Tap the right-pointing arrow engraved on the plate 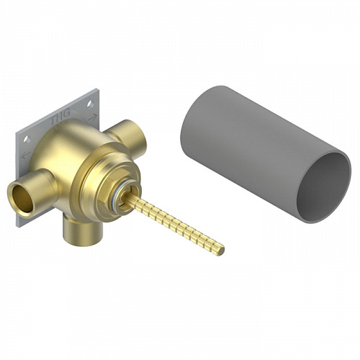tap(92, 117)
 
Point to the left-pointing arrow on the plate tap(26, 155)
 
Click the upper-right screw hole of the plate tap(90, 104)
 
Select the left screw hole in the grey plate tap(27, 140)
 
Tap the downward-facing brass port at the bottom tap(82, 230)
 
